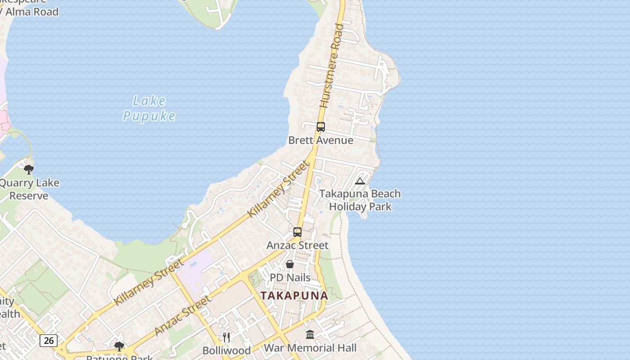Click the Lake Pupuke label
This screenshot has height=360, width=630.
coord(149,108)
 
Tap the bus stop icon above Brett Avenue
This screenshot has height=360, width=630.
coord(320,127)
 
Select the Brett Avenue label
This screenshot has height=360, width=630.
coord(320,140)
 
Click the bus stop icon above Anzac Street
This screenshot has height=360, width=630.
coord(297,232)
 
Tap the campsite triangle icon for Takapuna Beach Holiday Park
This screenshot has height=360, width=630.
coord(360,181)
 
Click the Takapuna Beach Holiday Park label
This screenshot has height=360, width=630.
coord(360,200)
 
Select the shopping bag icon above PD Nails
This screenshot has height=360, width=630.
coord(290,264)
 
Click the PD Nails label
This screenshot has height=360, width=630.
coord(290,278)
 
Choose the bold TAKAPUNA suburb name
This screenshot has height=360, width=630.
coord(294,296)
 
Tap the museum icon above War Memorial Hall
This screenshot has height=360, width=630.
coord(310,334)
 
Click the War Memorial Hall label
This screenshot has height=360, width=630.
coord(310,348)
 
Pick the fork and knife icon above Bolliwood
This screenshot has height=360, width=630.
coord(226,337)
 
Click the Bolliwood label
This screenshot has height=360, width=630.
coord(226,351)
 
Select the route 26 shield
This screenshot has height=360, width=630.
coord(49,340)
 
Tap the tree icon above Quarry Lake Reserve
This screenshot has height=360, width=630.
coord(29,170)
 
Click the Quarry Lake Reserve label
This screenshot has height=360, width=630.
coord(29,189)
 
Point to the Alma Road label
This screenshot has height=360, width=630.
coord(31,12)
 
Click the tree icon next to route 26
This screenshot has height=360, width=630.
coord(119,346)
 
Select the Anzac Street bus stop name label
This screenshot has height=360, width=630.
coord(297,245)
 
